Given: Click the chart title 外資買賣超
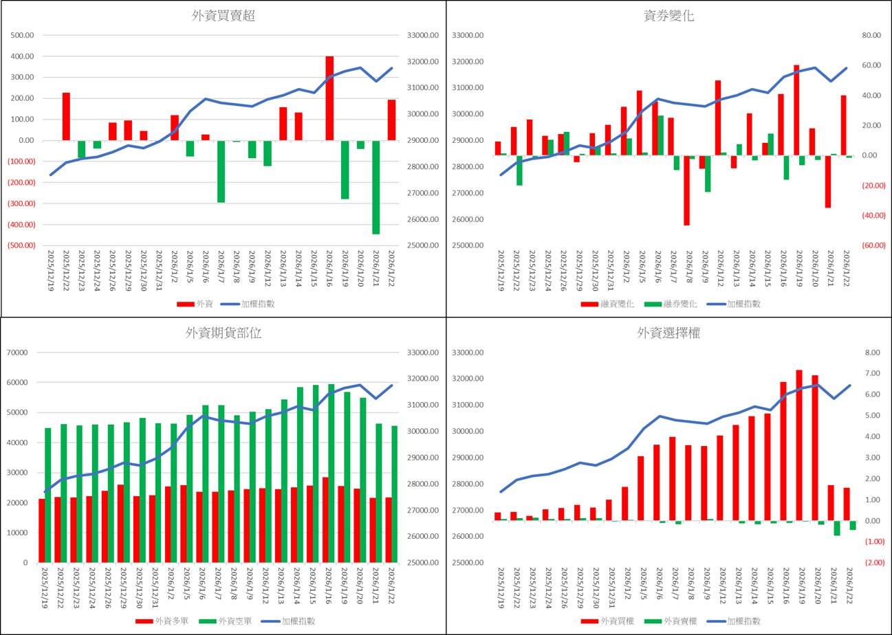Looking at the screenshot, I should [x=224, y=16].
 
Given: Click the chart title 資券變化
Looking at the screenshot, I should [x=668, y=16].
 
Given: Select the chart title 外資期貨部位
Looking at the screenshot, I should [x=224, y=333].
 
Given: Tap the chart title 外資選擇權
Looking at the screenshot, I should [x=668, y=333].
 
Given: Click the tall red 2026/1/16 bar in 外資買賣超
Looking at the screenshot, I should [x=329, y=98].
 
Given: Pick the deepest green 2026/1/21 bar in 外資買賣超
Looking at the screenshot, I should [x=376, y=187].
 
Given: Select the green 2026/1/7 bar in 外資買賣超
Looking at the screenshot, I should [x=221, y=171].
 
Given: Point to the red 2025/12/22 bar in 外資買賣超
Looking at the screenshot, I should [x=66, y=116].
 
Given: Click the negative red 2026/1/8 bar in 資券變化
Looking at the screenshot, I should [x=686, y=190].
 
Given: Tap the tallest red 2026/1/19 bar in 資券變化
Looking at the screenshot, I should [x=796, y=110].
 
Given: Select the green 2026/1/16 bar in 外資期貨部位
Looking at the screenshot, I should [x=331, y=473].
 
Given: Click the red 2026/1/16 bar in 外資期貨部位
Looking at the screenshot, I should [x=325, y=520].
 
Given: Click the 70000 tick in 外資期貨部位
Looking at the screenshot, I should [x=25, y=353].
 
